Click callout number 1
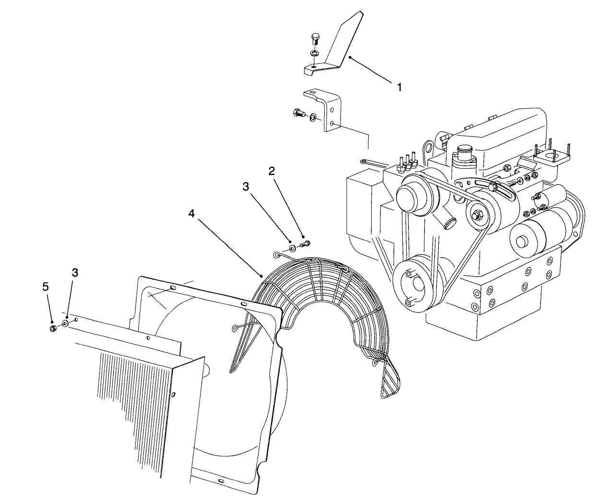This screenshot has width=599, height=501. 399,87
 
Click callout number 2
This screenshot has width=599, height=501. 271,171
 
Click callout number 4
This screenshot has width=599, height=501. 191,214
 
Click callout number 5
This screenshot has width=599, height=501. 46,287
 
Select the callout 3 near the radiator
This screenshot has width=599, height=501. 75,272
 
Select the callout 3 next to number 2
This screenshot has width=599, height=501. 246,186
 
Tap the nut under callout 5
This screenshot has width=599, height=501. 54,328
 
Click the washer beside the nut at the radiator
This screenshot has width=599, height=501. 65,324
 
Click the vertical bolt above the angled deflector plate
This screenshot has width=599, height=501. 315,39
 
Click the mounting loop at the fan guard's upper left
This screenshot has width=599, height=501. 278,254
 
